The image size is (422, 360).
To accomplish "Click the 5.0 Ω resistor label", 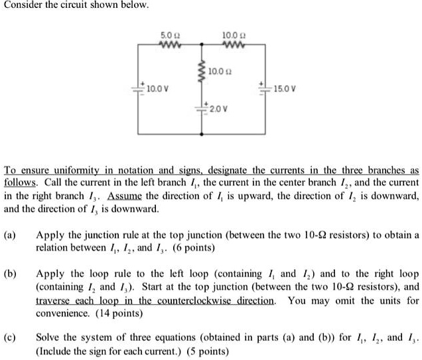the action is click(x=167, y=34).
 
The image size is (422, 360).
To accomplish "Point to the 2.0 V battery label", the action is click(x=220, y=107).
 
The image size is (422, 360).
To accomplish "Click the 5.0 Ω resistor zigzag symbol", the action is click(x=167, y=45).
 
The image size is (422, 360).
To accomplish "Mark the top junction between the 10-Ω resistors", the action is click(x=201, y=45).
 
